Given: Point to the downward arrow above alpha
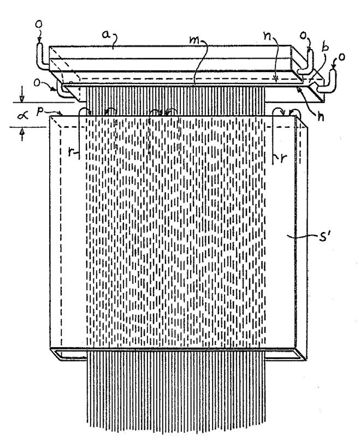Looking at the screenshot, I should click(x=21, y=98).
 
